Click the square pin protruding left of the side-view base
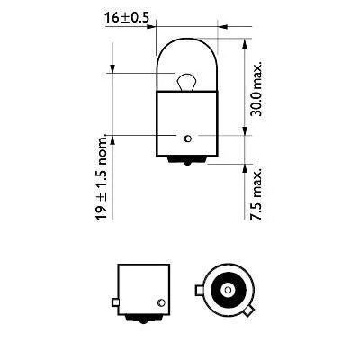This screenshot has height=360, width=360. pos(112,303)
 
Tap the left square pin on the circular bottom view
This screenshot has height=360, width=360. pos(199,291)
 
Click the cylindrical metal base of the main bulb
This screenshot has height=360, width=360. pos(185,121)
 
